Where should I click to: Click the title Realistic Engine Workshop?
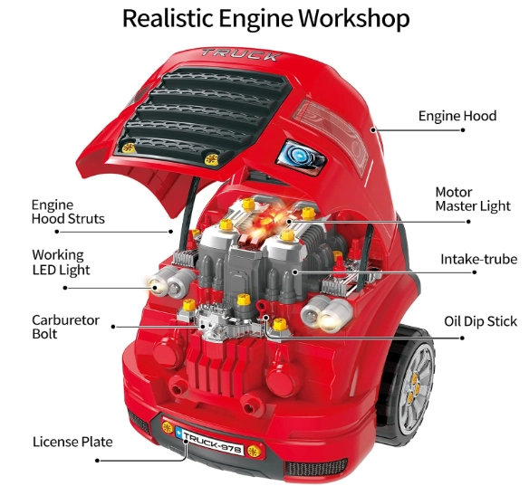click(265, 18)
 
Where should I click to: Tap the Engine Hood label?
click(457, 116)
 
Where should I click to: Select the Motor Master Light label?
click(473, 199)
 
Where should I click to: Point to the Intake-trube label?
click(479, 259)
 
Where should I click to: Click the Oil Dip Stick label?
click(480, 321)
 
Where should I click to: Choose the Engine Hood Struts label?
click(68, 212)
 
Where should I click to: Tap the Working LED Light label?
click(61, 262)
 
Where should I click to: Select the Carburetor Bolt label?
click(65, 327)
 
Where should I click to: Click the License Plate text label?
click(72, 442)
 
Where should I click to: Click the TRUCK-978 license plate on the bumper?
click(210, 442)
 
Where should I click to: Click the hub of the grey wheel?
click(414, 388)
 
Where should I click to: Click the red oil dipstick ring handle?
click(262, 307)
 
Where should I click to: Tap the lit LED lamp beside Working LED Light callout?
click(158, 286)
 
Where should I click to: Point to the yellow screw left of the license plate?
click(168, 427)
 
